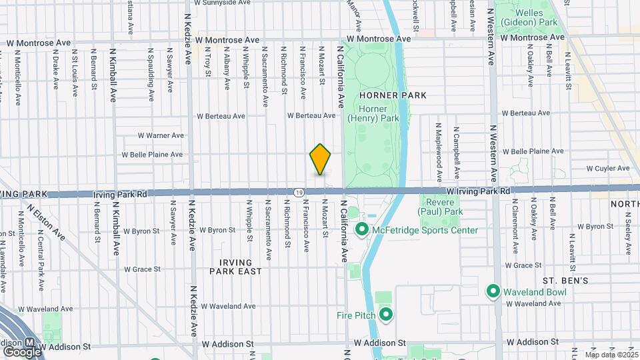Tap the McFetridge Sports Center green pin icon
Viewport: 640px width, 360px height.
363,231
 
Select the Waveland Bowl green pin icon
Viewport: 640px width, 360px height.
493,291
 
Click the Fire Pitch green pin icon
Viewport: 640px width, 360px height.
385,314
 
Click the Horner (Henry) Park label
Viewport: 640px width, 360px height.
379,113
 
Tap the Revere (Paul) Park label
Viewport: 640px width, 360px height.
440,207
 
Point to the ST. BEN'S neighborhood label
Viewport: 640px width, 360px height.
565,281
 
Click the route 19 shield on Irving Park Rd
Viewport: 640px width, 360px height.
299,192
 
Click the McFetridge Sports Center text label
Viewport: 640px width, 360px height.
425,231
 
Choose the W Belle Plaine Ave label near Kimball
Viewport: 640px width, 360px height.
151,155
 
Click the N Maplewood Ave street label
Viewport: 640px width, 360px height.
439,152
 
